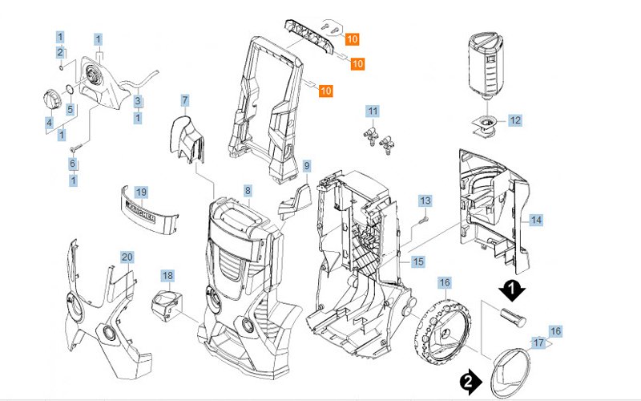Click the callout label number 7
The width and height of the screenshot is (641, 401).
point(185,101)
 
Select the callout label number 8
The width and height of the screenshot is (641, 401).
point(248,191)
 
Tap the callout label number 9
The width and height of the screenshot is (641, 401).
point(306,166)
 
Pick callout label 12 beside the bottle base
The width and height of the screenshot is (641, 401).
point(515,120)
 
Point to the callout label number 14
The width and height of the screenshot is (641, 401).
point(536,219)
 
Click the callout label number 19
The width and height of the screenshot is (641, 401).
point(141,192)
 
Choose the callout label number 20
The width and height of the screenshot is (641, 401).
point(127,257)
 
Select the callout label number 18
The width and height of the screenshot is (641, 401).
point(167,276)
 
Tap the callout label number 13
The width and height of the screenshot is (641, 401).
point(425,200)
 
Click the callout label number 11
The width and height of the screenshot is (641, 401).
point(373,110)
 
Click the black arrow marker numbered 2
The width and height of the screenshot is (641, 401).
point(470,379)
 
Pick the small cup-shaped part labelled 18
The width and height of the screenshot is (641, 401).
point(165,306)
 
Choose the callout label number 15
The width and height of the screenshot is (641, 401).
point(418,261)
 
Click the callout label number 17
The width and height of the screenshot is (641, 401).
point(538,343)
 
